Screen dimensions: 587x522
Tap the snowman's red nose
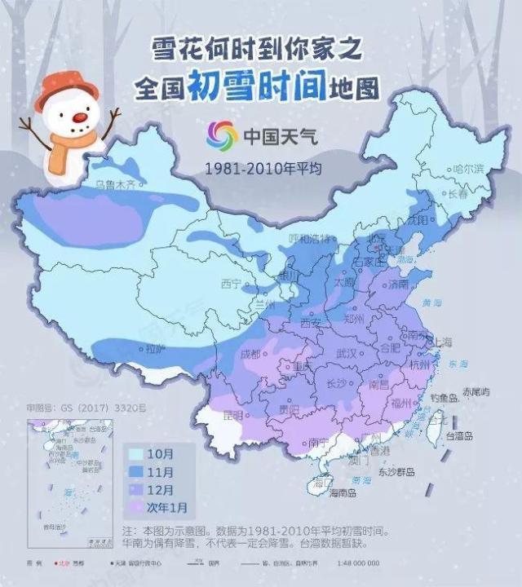pyautogui.click(x=79, y=119)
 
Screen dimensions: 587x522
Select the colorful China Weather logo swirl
pyautogui.click(x=221, y=135)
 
